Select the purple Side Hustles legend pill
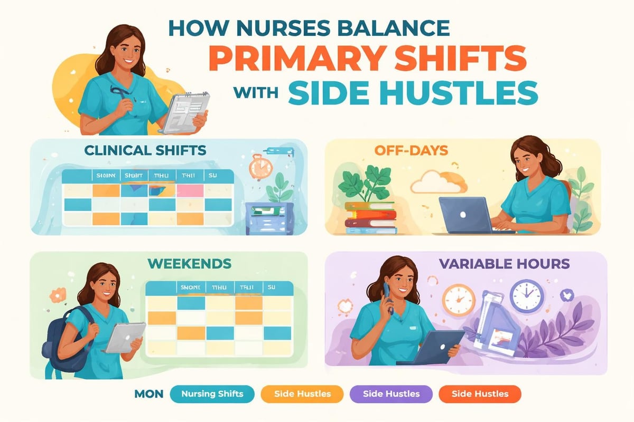tap(391, 394)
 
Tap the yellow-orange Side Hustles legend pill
tap(303, 394)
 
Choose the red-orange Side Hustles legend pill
tap(480, 394)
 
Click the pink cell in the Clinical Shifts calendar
tap(189, 190)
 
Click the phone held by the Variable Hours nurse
tap(389, 298)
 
